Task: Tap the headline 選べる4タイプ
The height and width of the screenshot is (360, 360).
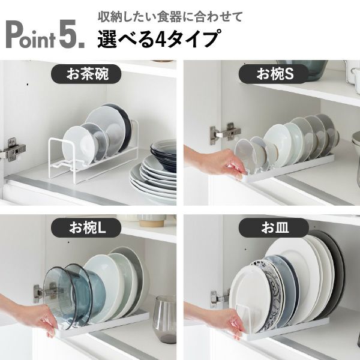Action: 157,40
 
